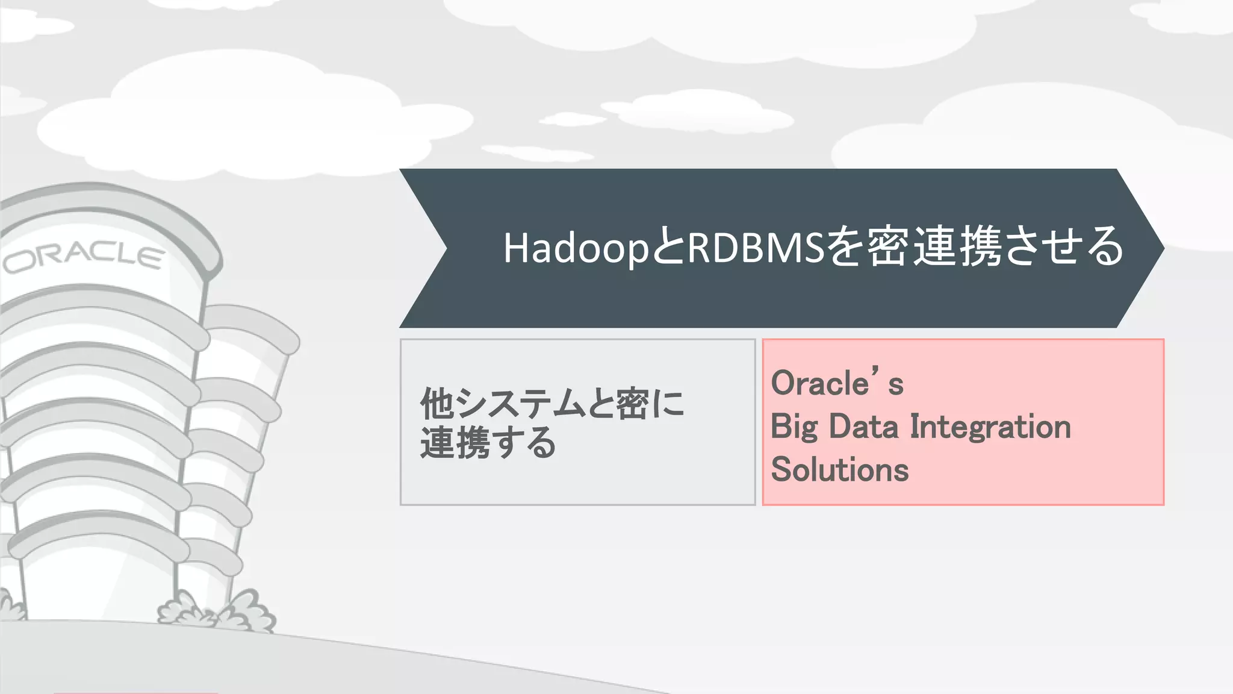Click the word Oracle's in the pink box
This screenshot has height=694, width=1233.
coord(837,383)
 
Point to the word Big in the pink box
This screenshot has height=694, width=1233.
coord(794,427)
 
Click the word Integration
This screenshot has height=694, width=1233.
coord(990,427)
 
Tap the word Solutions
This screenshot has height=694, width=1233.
coord(839,469)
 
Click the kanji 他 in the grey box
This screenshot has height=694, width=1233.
coord(436,403)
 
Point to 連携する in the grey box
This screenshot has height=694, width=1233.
coord(488,443)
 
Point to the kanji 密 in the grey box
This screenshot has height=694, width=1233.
coord(632,403)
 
